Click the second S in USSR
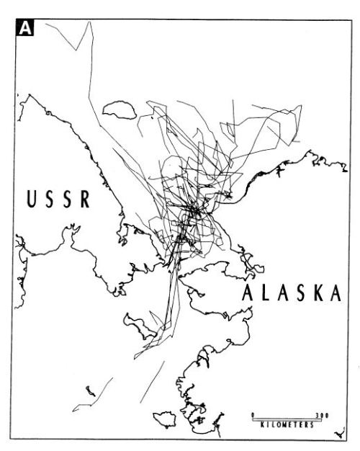point(68,200)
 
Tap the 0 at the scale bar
point(253,415)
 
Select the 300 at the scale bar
point(322,415)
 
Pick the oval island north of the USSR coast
point(119,110)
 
